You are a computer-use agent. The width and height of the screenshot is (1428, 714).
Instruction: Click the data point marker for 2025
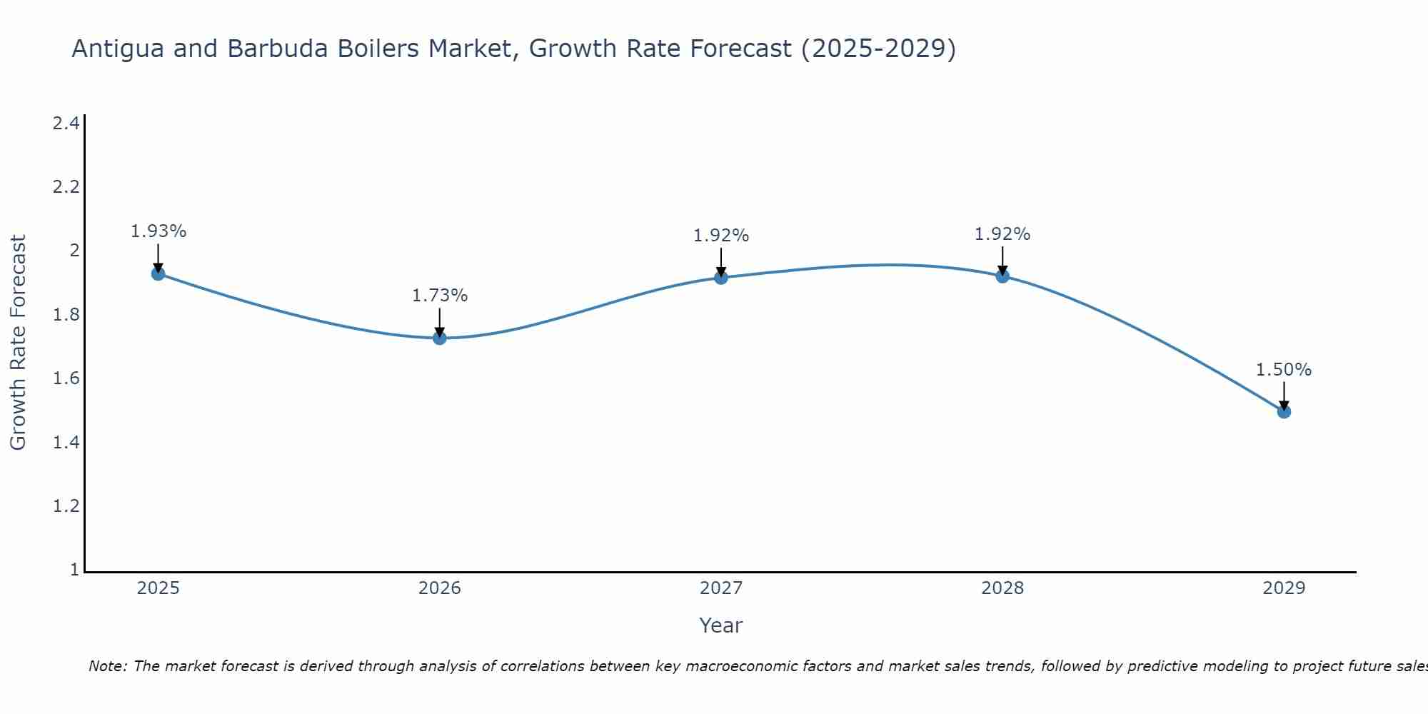pyautogui.click(x=159, y=273)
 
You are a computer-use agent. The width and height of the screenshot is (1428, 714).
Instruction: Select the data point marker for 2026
pyautogui.click(x=440, y=338)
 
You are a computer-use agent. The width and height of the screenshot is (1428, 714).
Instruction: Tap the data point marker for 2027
pyautogui.click(x=721, y=277)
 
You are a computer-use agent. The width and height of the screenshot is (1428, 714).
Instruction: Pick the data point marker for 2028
pyautogui.click(x=1002, y=276)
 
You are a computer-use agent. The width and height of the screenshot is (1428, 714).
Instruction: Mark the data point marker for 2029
pyautogui.click(x=1284, y=411)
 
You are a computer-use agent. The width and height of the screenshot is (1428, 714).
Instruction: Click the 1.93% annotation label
pyautogui.click(x=159, y=231)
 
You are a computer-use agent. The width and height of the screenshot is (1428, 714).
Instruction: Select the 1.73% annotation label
pyautogui.click(x=440, y=296)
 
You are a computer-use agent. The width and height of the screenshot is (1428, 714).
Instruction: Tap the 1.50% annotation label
pyautogui.click(x=1284, y=370)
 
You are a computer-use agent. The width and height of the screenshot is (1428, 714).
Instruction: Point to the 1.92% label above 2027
pyautogui.click(x=721, y=236)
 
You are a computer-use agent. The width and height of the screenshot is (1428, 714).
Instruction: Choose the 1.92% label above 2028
pyautogui.click(x=1002, y=234)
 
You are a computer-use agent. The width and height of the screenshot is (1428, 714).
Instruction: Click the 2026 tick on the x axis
pyautogui.click(x=440, y=588)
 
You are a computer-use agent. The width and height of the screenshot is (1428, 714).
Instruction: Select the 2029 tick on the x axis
pyautogui.click(x=1284, y=588)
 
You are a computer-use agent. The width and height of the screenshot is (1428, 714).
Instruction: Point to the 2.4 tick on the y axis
pyautogui.click(x=66, y=124)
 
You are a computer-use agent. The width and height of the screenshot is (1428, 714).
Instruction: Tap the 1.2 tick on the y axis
pyautogui.click(x=66, y=506)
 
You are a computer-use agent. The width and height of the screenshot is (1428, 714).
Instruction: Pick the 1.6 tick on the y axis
pyautogui.click(x=66, y=378)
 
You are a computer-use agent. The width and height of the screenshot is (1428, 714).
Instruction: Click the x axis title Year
pyautogui.click(x=721, y=625)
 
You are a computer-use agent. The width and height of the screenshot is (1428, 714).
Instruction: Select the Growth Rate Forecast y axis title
pyautogui.click(x=18, y=343)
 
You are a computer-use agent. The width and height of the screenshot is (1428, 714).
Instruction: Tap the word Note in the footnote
pyautogui.click(x=107, y=666)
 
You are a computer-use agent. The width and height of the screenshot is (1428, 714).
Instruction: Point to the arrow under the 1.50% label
pyautogui.click(x=1284, y=395)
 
